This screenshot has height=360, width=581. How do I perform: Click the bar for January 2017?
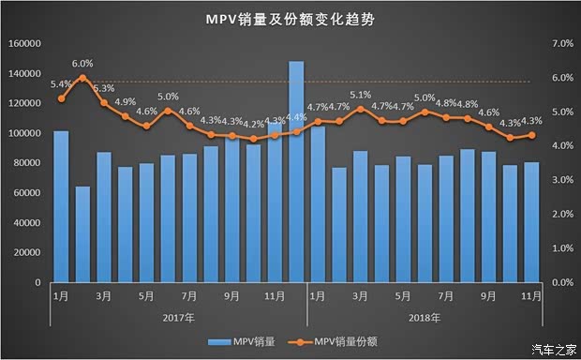click(x=61, y=206)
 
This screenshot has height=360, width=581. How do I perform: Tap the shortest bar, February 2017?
click(x=82, y=233)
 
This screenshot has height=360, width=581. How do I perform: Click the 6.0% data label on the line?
click(x=83, y=64)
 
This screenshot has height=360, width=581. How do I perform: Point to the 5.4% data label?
click(x=61, y=84)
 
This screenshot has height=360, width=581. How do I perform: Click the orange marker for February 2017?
click(x=82, y=78)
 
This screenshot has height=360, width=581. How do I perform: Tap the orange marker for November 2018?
click(x=530, y=135)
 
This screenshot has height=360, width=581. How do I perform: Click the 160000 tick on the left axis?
click(x=24, y=44)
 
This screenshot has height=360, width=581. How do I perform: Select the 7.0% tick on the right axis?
click(x=559, y=44)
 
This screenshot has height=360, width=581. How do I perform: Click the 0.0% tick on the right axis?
click(x=559, y=282)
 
